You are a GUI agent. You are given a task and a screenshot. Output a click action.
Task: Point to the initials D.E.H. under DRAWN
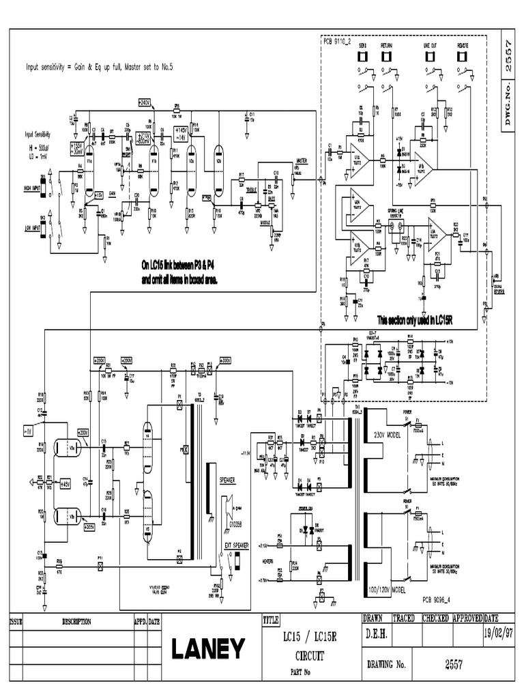tap(376, 634)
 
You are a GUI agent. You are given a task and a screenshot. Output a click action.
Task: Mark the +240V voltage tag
tap(143, 102)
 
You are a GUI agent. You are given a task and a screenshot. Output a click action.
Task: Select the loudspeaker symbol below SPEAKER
tap(229, 505)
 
